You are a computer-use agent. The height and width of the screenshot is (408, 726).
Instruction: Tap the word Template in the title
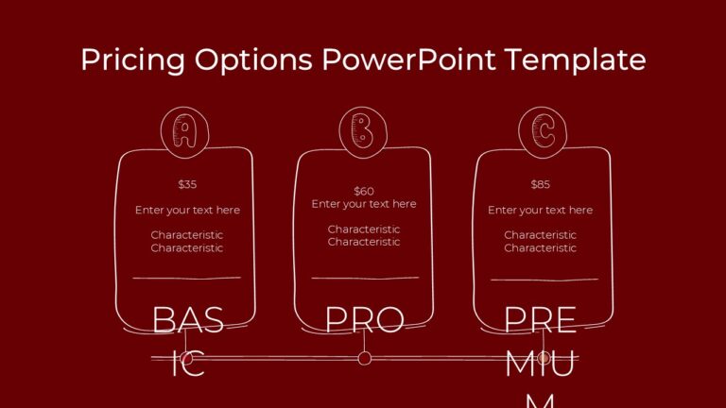point(576,60)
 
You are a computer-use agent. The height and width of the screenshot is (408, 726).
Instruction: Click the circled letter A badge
point(186,129)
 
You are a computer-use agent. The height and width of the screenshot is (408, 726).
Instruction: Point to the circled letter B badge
point(364,131)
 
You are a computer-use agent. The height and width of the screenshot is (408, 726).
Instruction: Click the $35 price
point(187,185)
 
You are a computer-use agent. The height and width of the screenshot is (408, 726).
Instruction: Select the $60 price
point(364,191)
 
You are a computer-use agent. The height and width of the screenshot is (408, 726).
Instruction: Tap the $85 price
point(540,185)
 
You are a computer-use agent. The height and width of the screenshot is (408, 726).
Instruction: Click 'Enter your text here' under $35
point(187,211)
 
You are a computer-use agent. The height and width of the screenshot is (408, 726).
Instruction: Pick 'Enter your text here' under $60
point(364,204)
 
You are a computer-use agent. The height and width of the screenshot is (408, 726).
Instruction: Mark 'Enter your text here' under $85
point(540,211)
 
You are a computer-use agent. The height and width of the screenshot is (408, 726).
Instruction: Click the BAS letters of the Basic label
point(188,321)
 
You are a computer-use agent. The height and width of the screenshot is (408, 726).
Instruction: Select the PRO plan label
point(364,321)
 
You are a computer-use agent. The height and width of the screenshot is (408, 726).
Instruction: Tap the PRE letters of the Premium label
point(540,321)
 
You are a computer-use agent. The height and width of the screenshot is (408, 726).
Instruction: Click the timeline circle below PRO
point(365,358)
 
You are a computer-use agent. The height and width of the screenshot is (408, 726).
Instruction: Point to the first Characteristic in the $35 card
point(187,235)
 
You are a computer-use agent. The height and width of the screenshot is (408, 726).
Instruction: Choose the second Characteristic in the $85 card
point(540,248)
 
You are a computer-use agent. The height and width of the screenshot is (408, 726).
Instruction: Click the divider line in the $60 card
point(364,278)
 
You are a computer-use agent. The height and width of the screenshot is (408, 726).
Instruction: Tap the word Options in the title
point(253,60)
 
